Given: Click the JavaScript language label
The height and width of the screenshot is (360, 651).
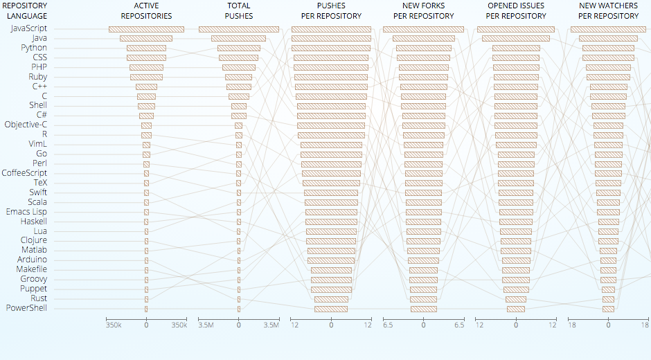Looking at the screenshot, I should click(x=29, y=28).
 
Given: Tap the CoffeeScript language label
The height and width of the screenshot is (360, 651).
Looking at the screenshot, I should click(x=24, y=173).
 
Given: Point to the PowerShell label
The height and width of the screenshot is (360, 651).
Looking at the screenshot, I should click(x=27, y=307).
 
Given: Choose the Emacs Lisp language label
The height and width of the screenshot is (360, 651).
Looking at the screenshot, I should click(x=26, y=211).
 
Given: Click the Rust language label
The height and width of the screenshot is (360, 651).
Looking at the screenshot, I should click(x=39, y=298).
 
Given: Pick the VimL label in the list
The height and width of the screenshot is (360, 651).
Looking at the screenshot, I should click(x=37, y=144).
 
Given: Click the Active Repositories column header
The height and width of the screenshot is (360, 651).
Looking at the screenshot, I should click(x=146, y=10).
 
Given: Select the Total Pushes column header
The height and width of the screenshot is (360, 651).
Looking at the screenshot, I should click(x=239, y=10).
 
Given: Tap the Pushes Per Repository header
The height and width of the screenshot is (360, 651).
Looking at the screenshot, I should click(x=331, y=10).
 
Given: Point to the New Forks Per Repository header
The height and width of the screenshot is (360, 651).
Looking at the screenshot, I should click(x=423, y=10).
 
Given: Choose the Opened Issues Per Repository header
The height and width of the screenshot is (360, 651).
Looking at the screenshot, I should click(x=516, y=10).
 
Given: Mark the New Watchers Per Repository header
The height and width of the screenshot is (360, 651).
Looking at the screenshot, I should click(x=608, y=10).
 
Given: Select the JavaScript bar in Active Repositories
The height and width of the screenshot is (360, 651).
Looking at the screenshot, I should click(x=146, y=29).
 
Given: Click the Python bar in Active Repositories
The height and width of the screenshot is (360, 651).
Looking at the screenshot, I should click(x=146, y=48).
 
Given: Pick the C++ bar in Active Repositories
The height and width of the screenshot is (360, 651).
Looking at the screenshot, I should click(x=146, y=87).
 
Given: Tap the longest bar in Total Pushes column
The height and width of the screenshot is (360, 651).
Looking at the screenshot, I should click(x=239, y=29).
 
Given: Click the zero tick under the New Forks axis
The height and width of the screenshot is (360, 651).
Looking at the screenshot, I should click(x=423, y=324).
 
